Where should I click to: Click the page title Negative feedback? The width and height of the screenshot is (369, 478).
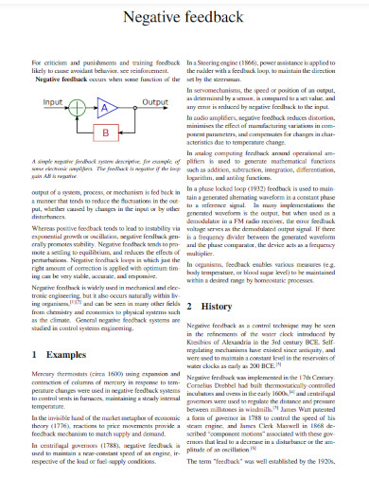pyautogui.click(x=184, y=19)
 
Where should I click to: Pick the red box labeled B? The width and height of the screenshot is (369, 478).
pyautogui.click(x=107, y=130)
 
